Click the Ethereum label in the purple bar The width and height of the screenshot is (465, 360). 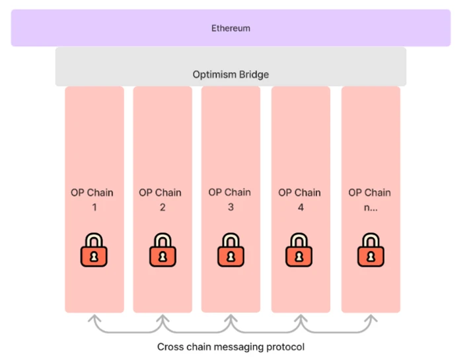pyautogui.click(x=231, y=28)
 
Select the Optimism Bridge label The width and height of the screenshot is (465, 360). pyautogui.click(x=231, y=75)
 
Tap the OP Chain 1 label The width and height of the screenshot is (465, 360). pyautogui.click(x=92, y=199)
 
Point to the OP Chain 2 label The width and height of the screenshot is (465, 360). pyautogui.click(x=161, y=199)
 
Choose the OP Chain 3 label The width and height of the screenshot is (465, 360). pyautogui.click(x=229, y=199)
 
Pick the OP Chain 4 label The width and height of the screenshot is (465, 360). pyautogui.click(x=299, y=199)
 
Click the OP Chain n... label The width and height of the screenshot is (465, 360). pyautogui.click(x=369, y=199)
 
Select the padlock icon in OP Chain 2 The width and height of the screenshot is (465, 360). pyautogui.click(x=162, y=249)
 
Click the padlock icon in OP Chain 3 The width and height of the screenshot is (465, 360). pyautogui.click(x=231, y=249)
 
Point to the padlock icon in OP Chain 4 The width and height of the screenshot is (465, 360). pyautogui.click(x=299, y=249)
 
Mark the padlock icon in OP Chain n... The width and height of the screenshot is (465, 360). pyautogui.click(x=370, y=249)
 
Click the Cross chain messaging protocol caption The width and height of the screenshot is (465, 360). pyautogui.click(x=231, y=346)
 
